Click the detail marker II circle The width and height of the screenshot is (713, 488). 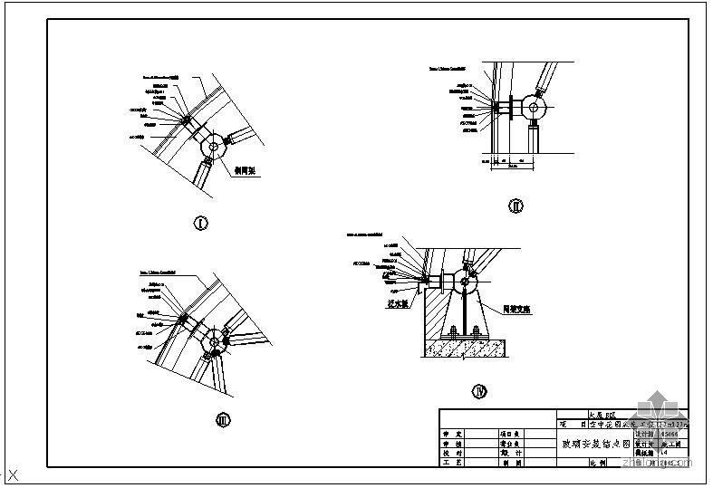tap(515, 206)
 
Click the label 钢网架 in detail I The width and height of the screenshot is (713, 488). tap(247, 168)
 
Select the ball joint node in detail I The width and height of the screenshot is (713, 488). tap(215, 146)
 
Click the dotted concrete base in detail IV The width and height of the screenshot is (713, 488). tap(471, 344)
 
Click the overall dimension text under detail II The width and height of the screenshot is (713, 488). tap(513, 166)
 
